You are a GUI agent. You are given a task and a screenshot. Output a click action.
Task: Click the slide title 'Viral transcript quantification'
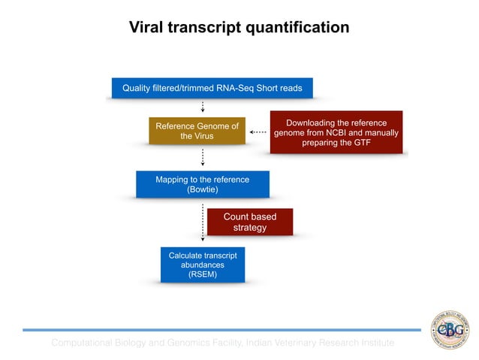(239, 28)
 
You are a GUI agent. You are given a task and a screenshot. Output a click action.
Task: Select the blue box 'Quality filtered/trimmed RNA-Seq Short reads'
(212, 89)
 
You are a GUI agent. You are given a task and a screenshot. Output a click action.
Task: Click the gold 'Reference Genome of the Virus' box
(197, 131)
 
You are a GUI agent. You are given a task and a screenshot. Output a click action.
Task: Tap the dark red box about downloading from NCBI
(336, 132)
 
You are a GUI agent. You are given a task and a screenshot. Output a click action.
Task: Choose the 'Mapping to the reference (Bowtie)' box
(202, 185)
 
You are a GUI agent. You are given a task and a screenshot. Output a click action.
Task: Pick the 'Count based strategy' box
(249, 222)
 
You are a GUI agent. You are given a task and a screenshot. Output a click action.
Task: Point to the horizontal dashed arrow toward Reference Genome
(258, 132)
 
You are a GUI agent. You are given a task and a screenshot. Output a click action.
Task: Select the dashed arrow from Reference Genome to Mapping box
(203, 157)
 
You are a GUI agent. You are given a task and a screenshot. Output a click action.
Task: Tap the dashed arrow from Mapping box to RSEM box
(203, 222)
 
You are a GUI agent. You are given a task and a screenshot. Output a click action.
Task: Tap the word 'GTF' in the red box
(361, 143)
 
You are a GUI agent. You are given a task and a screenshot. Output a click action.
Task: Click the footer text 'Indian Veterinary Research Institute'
(320, 343)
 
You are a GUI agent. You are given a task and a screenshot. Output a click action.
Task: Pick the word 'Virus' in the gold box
(201, 136)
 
